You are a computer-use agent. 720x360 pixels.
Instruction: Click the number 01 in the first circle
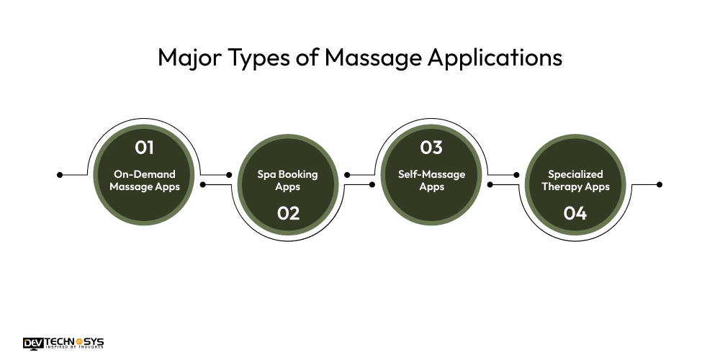[145, 148]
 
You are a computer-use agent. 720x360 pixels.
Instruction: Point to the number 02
[288, 213]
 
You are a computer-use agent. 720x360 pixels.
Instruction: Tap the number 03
[431, 148]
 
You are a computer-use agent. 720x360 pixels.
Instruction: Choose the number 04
[575, 213]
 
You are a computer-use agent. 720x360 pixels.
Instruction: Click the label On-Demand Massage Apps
[145, 181]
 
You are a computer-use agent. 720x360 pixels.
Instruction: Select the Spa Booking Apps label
[288, 181]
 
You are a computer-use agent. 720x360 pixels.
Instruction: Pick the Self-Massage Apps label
[431, 181]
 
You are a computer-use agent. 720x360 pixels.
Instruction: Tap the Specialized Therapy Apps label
[575, 181]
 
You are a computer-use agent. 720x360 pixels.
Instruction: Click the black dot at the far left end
[60, 174]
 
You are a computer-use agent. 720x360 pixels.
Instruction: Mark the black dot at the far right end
[660, 184]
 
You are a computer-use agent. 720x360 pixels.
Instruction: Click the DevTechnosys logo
[63, 343]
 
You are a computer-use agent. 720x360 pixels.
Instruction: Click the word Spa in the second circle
[266, 174]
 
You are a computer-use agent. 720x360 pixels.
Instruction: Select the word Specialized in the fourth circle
[575, 174]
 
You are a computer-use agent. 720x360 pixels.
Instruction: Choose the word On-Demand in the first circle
[145, 174]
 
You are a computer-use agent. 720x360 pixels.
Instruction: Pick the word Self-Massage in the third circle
[431, 174]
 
